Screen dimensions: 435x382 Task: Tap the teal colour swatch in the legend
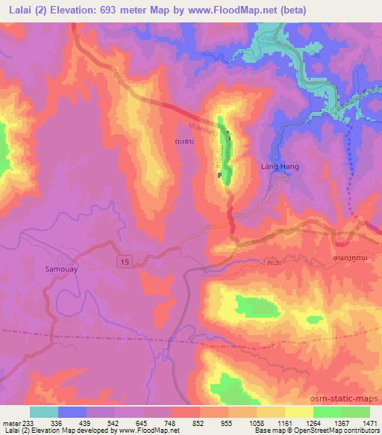44,412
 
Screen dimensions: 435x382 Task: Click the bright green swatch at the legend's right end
355,412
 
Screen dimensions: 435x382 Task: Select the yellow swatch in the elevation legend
298,412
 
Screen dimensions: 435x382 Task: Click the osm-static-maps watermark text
349,400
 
